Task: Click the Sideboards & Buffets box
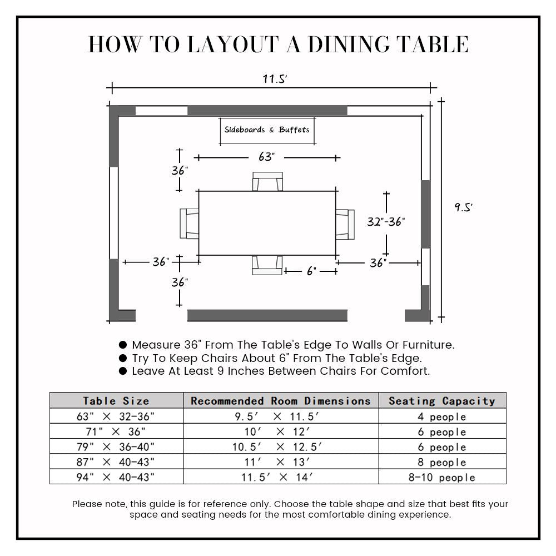(x=267, y=131)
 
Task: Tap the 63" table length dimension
(x=266, y=157)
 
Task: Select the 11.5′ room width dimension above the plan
(x=275, y=80)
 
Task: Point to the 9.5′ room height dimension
(x=463, y=207)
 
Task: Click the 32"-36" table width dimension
(x=386, y=222)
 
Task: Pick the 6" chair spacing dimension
(x=311, y=271)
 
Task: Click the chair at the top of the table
(x=267, y=182)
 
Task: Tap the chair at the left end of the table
(x=190, y=224)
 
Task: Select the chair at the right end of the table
(x=345, y=224)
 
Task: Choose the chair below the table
(x=267, y=265)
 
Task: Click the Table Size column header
(x=116, y=401)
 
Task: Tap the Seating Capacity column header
(x=442, y=401)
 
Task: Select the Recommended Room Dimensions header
(x=281, y=401)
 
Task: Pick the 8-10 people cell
(x=442, y=478)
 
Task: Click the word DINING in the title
(x=349, y=45)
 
